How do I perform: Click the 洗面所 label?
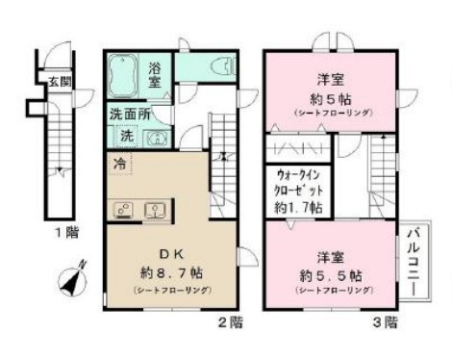coord(128,113)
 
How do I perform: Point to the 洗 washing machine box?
coord(127,134)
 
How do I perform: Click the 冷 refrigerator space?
coord(120,163)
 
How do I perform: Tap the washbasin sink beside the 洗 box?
coord(155,137)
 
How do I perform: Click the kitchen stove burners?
coord(122,209)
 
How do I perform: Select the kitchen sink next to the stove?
coord(153,209)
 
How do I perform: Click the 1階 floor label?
coord(65,232)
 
